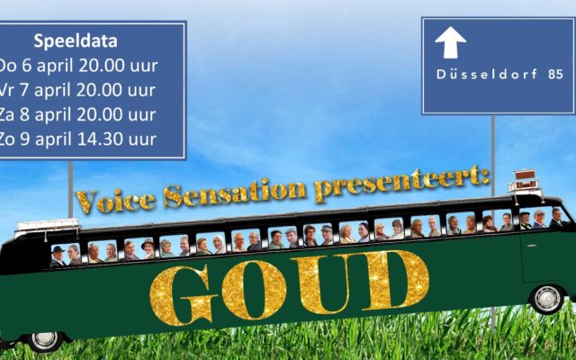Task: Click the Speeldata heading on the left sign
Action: tap(76, 40)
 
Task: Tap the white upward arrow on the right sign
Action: tap(450, 42)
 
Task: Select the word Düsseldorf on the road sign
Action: tap(487, 74)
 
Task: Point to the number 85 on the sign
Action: tap(555, 74)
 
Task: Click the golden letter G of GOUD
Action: tap(184, 296)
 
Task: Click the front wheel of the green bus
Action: tap(547, 299)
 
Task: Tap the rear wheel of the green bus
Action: tap(44, 340)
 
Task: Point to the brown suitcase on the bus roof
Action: tap(525, 175)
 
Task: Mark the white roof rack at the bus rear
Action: tap(47, 225)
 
